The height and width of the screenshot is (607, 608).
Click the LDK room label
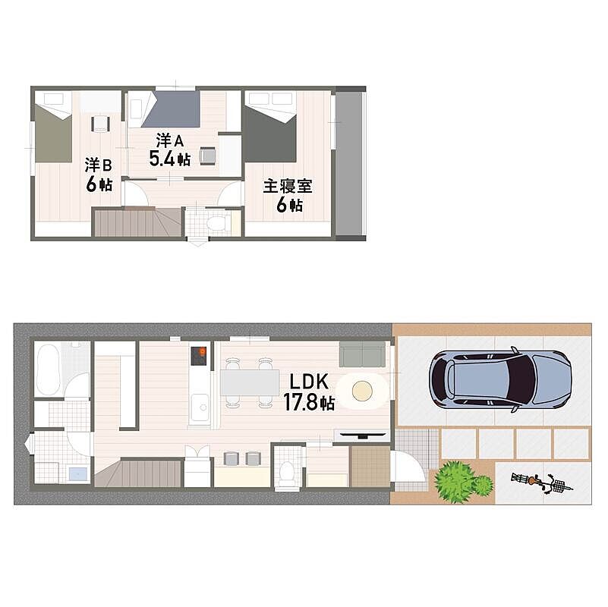309,382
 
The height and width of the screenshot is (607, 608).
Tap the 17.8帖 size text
309,402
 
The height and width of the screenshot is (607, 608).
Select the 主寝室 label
288,186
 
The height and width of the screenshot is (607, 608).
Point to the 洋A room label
170,140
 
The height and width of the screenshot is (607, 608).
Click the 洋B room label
99,165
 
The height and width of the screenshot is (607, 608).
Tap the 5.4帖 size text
170,158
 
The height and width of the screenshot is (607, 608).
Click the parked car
499,379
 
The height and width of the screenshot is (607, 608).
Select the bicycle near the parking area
542,483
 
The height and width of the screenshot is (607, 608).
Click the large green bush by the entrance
455,481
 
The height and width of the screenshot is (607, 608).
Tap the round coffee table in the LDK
362,390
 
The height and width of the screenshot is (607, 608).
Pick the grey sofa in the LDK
362,354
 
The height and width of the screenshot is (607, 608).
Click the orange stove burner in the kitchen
202,351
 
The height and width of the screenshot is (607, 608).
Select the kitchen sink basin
200,407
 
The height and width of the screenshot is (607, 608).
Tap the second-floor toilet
216,224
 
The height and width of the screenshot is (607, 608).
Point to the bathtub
48,369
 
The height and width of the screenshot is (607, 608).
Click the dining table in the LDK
250,382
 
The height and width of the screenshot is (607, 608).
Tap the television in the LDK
362,435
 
